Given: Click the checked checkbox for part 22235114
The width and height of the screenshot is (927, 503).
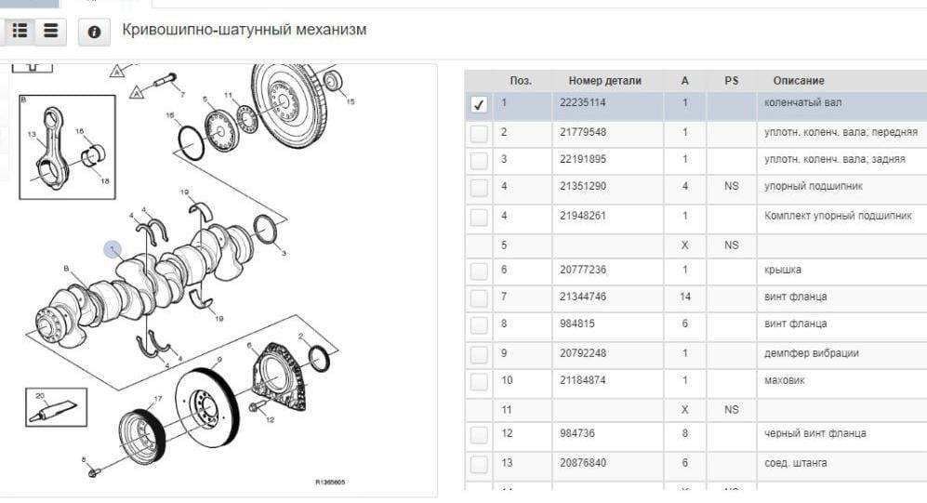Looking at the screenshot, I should (x=479, y=105).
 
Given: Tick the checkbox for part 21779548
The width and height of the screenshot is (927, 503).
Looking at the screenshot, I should (x=479, y=133).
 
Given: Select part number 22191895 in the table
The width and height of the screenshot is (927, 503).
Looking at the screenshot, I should (x=583, y=159).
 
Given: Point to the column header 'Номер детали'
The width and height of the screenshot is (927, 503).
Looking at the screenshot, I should (x=605, y=81).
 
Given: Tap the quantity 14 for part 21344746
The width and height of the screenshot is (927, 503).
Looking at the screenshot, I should (x=685, y=297).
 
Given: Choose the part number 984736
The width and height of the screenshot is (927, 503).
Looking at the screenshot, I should (x=576, y=433).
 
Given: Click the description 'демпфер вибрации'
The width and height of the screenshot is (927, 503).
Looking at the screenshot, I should (x=811, y=353).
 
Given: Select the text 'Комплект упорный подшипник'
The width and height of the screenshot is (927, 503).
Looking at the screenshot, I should (x=837, y=216).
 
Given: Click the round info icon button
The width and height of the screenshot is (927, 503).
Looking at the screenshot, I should (x=94, y=33).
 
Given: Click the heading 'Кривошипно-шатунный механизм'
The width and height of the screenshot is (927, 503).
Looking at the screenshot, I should (x=245, y=30).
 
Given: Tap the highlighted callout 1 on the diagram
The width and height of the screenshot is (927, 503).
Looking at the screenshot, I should (x=113, y=249).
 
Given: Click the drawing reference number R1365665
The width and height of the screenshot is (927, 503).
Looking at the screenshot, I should (x=331, y=482).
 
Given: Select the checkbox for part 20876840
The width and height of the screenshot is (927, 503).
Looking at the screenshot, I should (x=479, y=463).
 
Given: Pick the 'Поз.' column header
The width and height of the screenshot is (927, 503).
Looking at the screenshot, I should (x=521, y=81).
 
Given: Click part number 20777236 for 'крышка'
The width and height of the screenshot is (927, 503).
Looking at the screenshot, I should (x=583, y=270).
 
